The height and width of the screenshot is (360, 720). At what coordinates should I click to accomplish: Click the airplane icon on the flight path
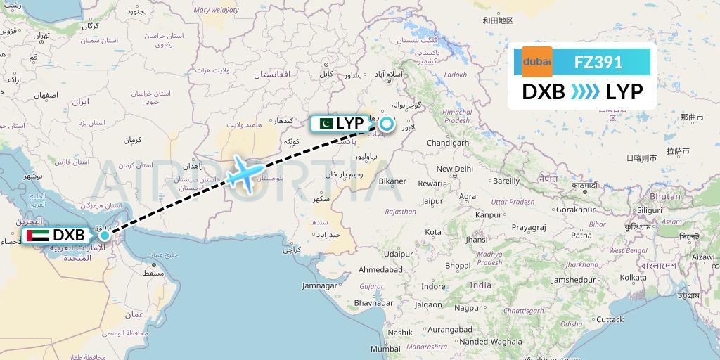click(x=245, y=172)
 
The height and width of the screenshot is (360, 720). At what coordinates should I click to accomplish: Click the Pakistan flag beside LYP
click(x=325, y=124)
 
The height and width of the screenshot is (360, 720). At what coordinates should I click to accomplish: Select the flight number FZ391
click(x=598, y=62)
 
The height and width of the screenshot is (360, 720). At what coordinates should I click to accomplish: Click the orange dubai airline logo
click(x=536, y=62)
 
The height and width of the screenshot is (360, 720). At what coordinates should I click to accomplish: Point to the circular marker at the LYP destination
click(x=387, y=122)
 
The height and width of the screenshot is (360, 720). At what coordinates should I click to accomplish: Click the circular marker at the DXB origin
click(x=104, y=235)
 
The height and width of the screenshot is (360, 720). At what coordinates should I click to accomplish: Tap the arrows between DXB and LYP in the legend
click(x=585, y=92)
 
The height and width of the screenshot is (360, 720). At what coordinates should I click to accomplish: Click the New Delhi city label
click(x=454, y=169)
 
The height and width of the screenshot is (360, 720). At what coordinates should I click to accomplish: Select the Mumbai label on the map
click(x=385, y=349)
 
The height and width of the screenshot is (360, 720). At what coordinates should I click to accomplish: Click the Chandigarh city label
click(x=447, y=143)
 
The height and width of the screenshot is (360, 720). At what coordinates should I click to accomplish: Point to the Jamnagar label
click(x=320, y=286)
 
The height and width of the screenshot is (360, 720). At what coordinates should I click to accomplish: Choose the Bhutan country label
click(x=665, y=196)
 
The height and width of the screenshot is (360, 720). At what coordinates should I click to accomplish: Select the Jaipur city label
click(x=433, y=201)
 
